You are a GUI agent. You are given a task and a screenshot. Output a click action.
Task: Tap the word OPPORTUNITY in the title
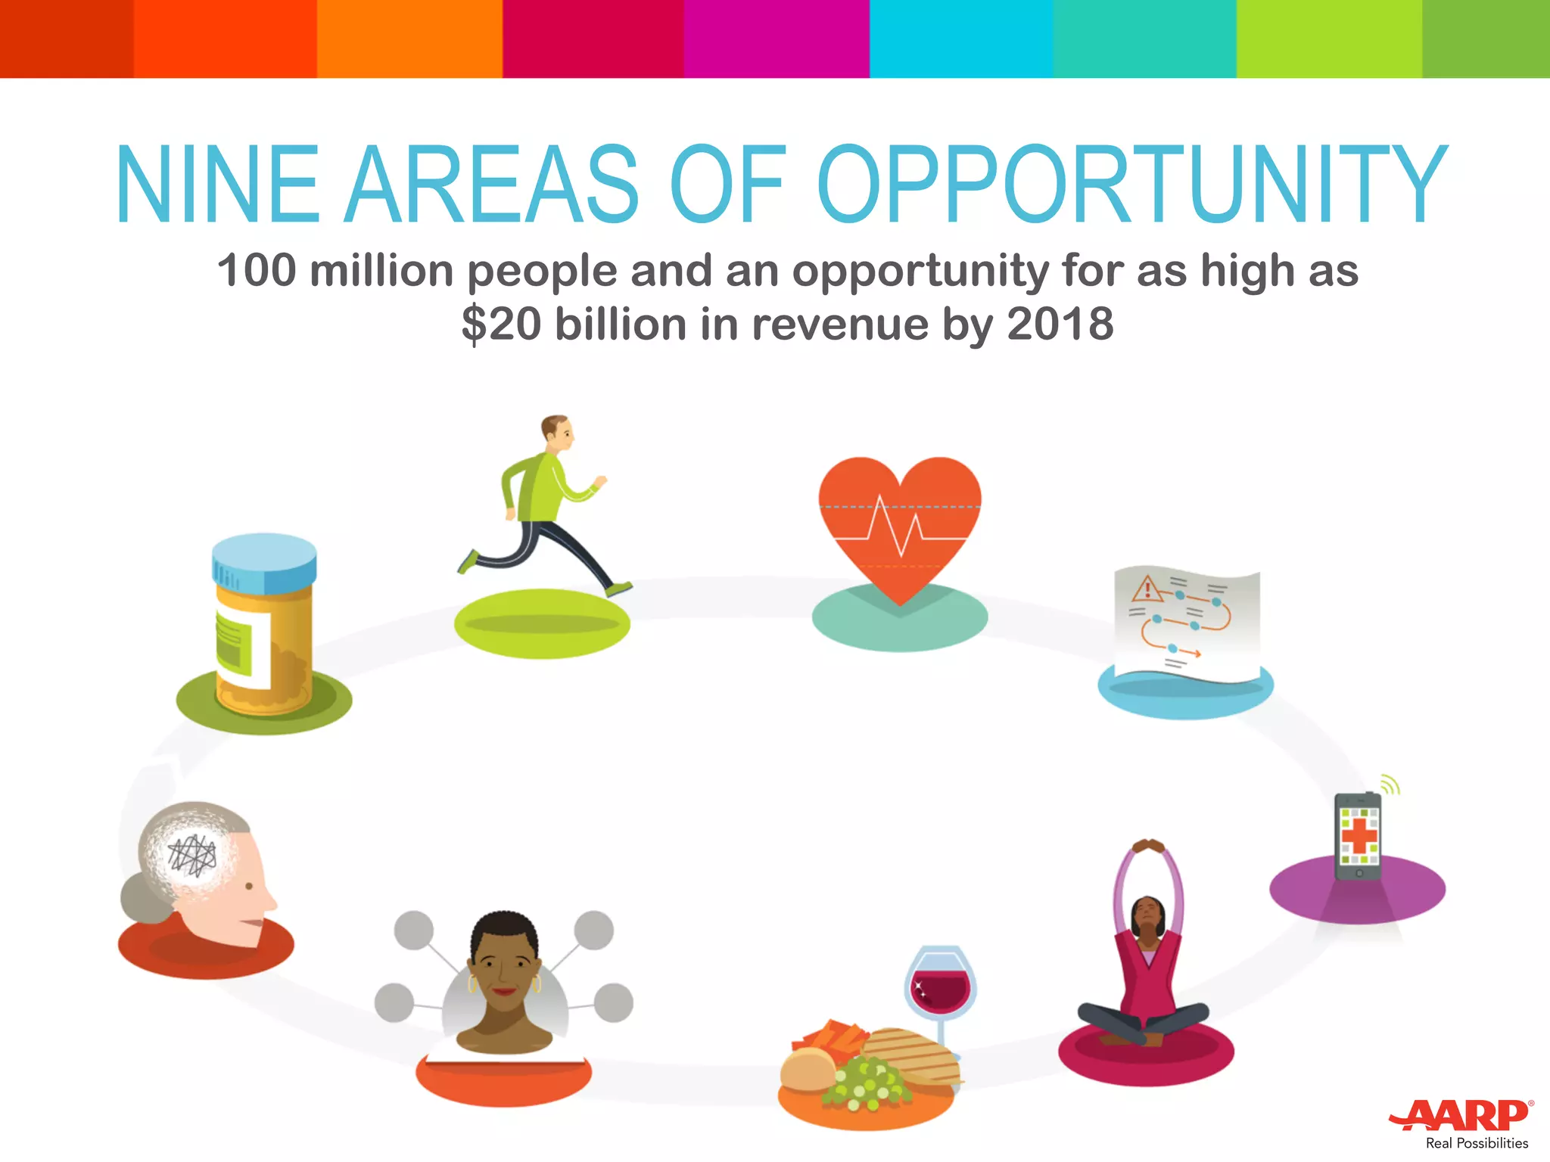click(x=1131, y=185)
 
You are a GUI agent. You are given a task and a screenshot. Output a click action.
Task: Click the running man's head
click(x=558, y=432)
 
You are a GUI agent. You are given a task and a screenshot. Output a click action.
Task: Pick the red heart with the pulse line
click(x=899, y=522)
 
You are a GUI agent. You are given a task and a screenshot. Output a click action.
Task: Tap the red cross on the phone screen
click(x=1359, y=835)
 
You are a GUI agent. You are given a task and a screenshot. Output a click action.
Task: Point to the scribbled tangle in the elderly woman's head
click(x=192, y=855)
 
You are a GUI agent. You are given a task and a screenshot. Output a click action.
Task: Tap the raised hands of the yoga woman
click(x=1148, y=845)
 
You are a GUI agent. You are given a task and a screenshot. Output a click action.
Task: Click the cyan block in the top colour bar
click(x=960, y=39)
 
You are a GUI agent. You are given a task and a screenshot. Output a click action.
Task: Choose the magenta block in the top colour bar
click(x=777, y=39)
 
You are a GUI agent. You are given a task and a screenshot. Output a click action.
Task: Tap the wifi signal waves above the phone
click(x=1390, y=785)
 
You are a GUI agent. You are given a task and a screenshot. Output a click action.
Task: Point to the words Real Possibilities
click(x=1477, y=1143)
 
